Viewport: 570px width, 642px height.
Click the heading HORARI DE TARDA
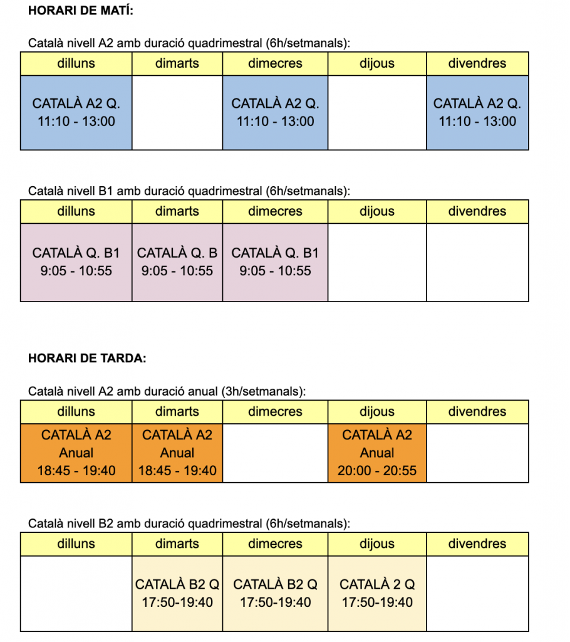87,359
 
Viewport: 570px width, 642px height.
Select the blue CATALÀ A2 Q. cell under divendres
477,112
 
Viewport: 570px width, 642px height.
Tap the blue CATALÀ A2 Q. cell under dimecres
275,112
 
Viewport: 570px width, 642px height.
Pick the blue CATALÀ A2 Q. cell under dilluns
76,112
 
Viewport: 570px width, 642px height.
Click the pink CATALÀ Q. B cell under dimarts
177,262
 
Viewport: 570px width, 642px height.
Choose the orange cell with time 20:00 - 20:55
377,453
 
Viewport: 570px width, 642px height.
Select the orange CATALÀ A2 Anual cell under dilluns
76,453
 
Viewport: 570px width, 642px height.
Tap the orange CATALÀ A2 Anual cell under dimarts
177,453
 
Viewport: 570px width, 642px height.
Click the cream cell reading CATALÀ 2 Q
377,593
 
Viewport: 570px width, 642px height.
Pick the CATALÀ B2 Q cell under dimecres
275,593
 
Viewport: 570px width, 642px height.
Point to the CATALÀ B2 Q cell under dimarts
177,593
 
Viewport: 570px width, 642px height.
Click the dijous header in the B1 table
377,211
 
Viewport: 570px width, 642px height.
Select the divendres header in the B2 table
477,544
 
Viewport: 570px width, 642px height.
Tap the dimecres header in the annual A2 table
275,412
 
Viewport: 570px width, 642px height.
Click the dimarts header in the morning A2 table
177,63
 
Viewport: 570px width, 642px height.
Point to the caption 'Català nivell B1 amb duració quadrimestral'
189,191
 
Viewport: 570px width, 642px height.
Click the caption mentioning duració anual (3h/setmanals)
167,391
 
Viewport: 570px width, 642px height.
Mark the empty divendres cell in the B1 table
477,262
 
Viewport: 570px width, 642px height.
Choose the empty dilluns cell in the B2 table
76,593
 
